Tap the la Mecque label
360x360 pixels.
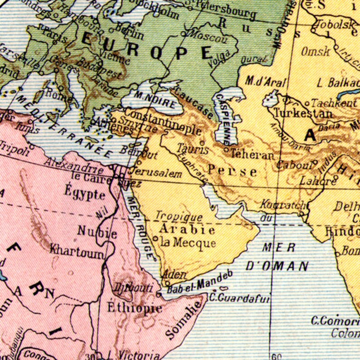coord(188,243)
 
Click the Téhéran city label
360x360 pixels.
coord(253,155)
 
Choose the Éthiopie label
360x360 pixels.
coord(134,308)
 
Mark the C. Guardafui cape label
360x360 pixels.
coord(239,298)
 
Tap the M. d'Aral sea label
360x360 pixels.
coord(266,82)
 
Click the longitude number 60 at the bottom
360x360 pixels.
coord(275,355)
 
